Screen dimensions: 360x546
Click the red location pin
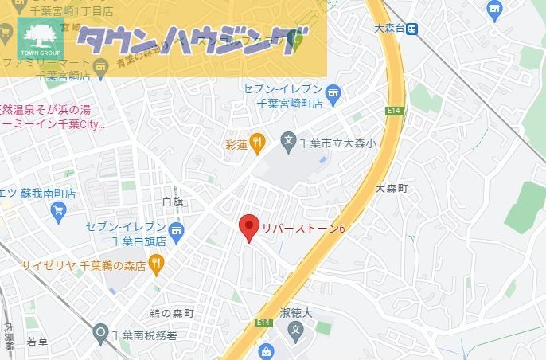tap(249, 227)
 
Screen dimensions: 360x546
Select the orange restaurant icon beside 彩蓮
tap(256, 143)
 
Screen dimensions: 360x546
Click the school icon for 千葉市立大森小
tap(288, 143)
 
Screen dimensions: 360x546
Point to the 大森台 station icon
tap(411, 29)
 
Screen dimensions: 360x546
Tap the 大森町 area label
tap(391, 188)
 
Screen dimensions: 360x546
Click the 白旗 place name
tap(172, 203)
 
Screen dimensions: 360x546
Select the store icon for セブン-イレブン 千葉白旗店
tap(176, 233)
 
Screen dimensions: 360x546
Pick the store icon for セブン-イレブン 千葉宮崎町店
tap(333, 92)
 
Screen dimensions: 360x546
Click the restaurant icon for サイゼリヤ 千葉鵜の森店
tap(156, 263)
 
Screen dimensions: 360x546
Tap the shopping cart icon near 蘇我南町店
tap(57, 210)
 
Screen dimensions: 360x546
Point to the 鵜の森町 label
tap(171, 314)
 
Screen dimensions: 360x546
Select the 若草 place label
tap(37, 342)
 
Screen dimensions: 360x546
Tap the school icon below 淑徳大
tap(296, 329)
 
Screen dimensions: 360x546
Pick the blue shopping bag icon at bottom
tap(264, 350)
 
